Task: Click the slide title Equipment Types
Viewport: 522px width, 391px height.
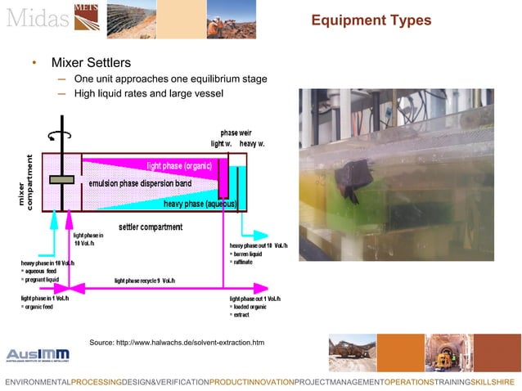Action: pos(371,20)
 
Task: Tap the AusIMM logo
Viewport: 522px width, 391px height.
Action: pos(38,354)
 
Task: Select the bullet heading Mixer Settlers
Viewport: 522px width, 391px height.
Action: pos(91,62)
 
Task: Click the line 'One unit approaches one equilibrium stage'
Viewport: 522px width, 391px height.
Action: pos(170,79)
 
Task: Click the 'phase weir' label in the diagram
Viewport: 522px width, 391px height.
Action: pos(236,133)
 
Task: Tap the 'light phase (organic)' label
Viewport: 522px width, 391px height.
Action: pos(179,165)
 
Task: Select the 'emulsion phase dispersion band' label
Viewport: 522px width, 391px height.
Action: pos(140,183)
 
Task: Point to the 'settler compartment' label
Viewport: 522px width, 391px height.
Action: pos(151,227)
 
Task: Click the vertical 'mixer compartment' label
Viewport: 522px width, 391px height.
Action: pos(28,182)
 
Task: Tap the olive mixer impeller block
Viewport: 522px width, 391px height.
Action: pos(61,179)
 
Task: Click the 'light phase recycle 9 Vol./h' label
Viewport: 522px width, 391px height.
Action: pos(145,281)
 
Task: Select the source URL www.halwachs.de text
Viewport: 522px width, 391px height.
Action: pos(177,341)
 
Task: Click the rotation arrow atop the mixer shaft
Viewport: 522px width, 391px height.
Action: pos(58,137)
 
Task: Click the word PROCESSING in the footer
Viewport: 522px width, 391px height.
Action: pos(96,382)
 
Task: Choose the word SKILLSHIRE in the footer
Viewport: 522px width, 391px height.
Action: pos(493,382)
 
